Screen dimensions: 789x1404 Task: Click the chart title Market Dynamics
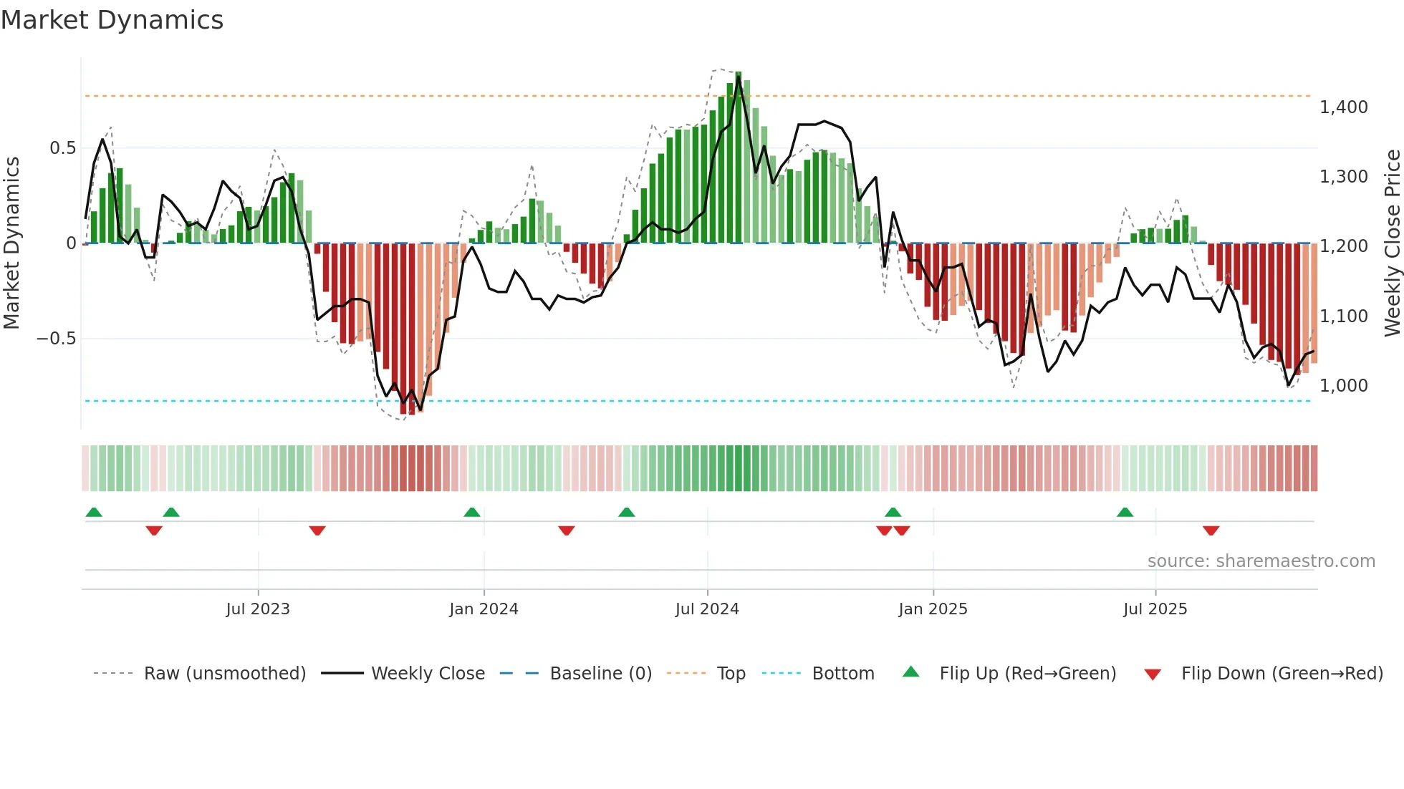[112, 20]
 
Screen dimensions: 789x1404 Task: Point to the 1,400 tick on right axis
[1343, 107]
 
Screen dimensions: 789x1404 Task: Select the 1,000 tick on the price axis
[1343, 386]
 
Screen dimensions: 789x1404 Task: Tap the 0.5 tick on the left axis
[62, 148]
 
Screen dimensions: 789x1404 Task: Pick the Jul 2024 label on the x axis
[706, 609]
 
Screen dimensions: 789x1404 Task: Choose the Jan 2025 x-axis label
[933, 609]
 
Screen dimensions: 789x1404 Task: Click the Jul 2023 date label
[257, 609]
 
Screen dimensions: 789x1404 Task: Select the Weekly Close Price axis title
[1392, 243]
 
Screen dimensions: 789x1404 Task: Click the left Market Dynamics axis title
[11, 243]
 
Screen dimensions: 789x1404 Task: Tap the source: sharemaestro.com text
[1261, 561]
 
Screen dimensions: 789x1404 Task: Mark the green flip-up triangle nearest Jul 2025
[1125, 513]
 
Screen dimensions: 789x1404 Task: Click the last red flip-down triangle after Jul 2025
[1211, 531]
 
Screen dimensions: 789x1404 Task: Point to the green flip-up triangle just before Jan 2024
[471, 513]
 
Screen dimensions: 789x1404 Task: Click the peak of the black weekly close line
[739, 77]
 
